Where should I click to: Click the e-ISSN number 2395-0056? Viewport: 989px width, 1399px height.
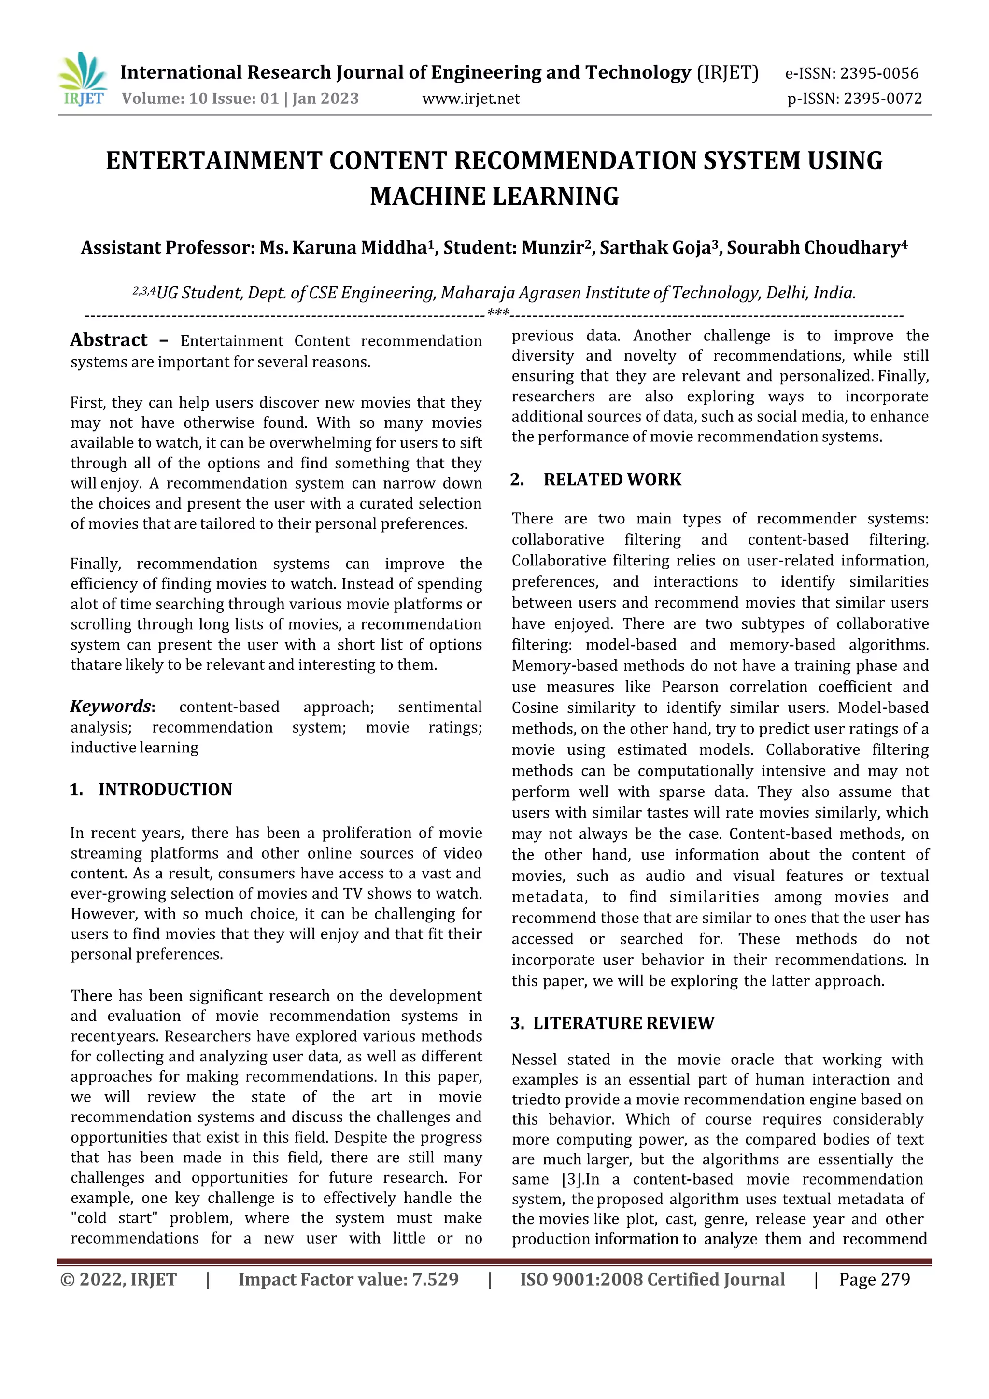(879, 74)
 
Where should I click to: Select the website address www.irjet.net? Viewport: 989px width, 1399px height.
(470, 99)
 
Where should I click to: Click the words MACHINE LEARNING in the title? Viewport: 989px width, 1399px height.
(494, 196)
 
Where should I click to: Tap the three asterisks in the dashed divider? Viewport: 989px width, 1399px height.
(498, 314)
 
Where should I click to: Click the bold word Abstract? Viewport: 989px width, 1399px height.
(109, 340)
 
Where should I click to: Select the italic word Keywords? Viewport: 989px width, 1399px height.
(110, 706)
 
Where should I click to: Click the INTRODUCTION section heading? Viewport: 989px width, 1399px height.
(165, 790)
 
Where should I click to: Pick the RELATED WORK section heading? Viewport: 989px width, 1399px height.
(612, 480)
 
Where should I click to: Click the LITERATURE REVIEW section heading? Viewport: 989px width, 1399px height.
(623, 1023)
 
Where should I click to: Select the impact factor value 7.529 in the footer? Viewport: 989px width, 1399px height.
(435, 1280)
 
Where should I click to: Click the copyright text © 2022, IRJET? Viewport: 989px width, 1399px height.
(118, 1280)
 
